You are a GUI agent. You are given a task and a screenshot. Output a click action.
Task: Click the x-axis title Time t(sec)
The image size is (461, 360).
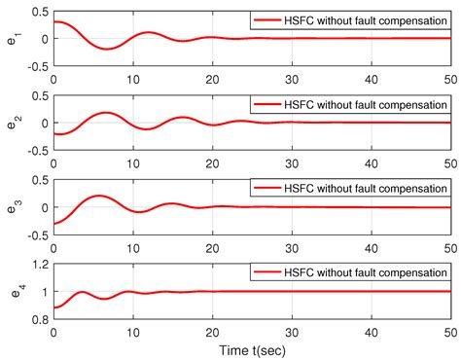(252, 347)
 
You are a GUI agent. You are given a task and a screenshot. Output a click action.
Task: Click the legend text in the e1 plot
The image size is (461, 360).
(362, 19)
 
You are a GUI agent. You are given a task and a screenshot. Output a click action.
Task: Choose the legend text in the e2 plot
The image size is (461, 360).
(362, 104)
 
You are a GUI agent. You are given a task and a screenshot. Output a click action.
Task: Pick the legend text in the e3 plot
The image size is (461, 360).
(362, 188)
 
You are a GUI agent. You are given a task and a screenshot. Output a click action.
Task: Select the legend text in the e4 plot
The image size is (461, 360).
(362, 271)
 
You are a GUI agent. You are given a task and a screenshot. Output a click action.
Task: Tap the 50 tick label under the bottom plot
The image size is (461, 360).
(449, 331)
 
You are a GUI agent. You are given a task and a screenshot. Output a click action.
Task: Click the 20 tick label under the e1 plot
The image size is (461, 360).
(212, 78)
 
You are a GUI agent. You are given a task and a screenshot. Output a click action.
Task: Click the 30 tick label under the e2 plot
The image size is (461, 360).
(291, 162)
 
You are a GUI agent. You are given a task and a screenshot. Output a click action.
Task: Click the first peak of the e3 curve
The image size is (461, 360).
(98, 196)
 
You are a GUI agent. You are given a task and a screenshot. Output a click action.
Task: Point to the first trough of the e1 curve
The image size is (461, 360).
(107, 49)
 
